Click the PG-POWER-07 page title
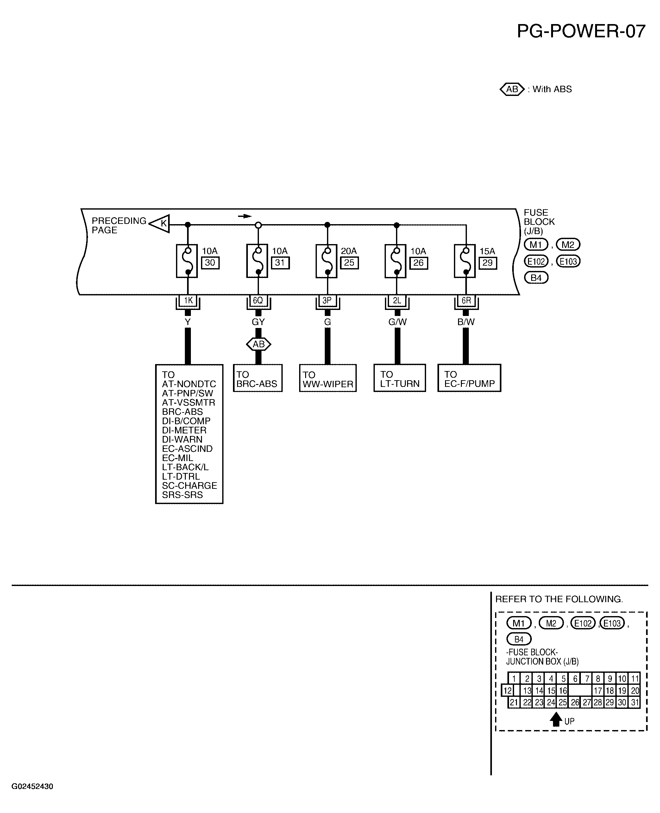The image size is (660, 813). tap(581, 31)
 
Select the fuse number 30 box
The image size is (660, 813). tap(210, 263)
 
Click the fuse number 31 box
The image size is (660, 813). tap(280, 263)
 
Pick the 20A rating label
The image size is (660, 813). tap(348, 251)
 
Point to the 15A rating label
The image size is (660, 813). tap(487, 251)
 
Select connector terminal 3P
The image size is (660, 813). tap(327, 301)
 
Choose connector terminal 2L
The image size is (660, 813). tap(397, 301)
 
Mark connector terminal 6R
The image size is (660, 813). tap(466, 301)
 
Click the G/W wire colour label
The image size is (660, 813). tap(397, 322)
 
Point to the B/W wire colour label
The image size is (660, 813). tap(466, 322)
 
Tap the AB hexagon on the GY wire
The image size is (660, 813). tap(259, 344)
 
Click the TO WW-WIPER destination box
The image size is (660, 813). tap(328, 378)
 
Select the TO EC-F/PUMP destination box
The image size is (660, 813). tap(469, 378)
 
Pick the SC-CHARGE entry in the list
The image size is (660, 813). tap(189, 486)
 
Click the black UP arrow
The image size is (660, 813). tap(556, 719)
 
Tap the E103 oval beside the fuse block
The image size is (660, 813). tap(568, 261)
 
